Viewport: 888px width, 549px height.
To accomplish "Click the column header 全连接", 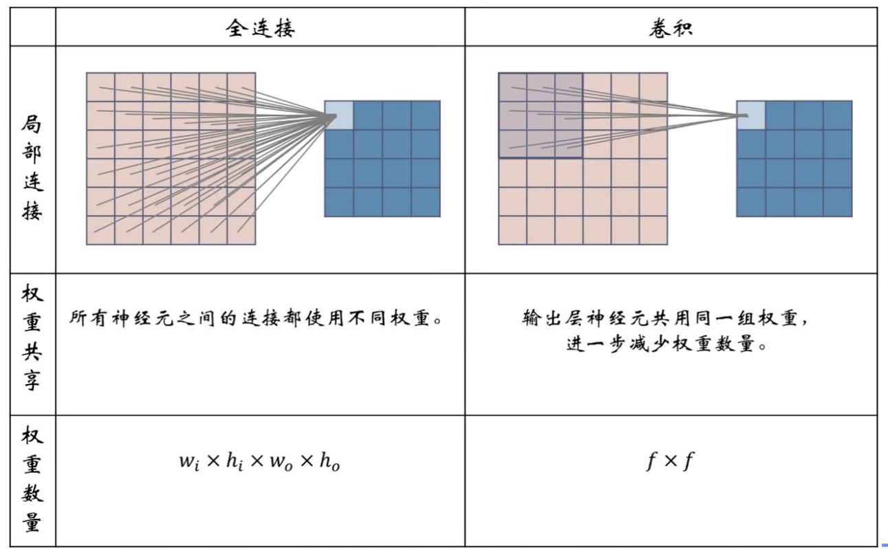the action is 260,28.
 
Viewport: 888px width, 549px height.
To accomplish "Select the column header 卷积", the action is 670,28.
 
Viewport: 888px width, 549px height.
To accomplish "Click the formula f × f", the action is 669,462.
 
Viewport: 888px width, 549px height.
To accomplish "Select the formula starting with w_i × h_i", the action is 259,462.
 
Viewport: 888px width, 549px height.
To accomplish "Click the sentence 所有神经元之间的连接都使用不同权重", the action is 259,319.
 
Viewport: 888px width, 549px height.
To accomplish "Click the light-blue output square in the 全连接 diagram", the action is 338,115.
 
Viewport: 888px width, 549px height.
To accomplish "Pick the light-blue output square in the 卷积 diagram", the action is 750,115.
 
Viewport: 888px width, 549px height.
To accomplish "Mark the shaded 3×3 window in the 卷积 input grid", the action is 541,115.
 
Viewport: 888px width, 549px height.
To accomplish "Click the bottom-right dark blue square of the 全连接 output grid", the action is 426,202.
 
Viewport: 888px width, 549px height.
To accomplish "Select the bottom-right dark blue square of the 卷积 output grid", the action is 837,202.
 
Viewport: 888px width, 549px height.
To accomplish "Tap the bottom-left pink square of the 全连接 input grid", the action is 100,230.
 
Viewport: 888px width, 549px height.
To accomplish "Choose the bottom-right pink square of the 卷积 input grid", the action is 653,230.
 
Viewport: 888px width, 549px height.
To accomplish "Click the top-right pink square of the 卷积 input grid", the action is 653,87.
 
